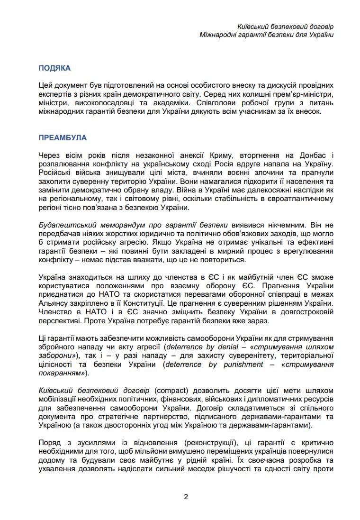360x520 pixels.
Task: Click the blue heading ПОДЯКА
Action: [54, 68]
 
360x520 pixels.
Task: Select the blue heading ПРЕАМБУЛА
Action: [63, 137]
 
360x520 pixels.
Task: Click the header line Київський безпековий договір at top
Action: [286, 27]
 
